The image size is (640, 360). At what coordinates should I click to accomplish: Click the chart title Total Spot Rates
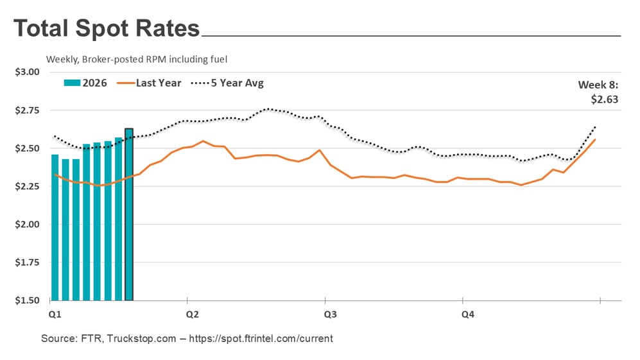coord(107,29)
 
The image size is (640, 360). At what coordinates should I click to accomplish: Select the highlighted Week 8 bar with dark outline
coord(129,214)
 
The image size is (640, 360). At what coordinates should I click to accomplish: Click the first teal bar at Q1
coord(55,227)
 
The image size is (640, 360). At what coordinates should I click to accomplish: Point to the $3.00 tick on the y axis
coord(27,72)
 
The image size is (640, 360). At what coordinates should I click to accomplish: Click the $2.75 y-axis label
coord(27,110)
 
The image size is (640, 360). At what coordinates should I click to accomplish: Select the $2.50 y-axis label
coord(27,148)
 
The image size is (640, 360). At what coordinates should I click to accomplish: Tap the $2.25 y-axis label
coord(27,186)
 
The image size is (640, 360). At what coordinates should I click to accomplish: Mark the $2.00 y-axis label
coord(27,225)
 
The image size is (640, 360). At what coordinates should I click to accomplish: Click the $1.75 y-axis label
coord(27,262)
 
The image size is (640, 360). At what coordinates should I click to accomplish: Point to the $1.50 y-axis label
coord(27,300)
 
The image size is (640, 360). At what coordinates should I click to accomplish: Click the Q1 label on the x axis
coord(55,314)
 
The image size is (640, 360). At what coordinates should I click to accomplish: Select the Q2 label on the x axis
coord(192,314)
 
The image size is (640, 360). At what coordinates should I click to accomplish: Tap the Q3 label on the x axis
coord(330,314)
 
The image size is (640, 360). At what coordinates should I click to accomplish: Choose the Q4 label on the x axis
coord(468,314)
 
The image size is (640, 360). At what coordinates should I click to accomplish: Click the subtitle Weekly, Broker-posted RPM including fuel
coord(137,59)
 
